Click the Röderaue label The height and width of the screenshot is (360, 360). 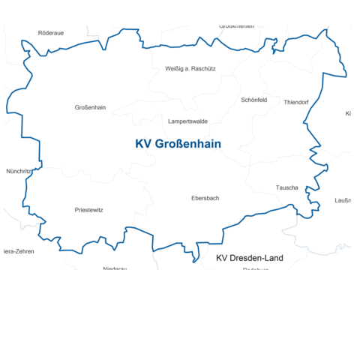(x=51, y=34)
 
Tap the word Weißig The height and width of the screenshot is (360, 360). (x=175, y=68)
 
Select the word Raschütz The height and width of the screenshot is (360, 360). (x=202, y=68)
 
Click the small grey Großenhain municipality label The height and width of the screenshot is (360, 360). (x=90, y=107)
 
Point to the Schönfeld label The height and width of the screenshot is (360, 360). (x=254, y=100)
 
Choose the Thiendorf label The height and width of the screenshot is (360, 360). (x=296, y=102)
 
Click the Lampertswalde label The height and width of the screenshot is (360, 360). (x=188, y=121)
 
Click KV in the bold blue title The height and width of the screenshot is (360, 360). (x=143, y=143)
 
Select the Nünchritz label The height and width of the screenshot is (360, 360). (x=18, y=171)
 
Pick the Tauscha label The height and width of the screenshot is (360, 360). (x=287, y=187)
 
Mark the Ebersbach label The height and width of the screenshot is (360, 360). (x=205, y=198)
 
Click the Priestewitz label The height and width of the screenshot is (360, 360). (x=89, y=210)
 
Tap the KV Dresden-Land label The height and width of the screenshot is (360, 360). (x=250, y=258)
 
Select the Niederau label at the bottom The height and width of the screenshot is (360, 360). (x=115, y=268)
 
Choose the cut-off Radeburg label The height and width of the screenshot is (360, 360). (x=256, y=268)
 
